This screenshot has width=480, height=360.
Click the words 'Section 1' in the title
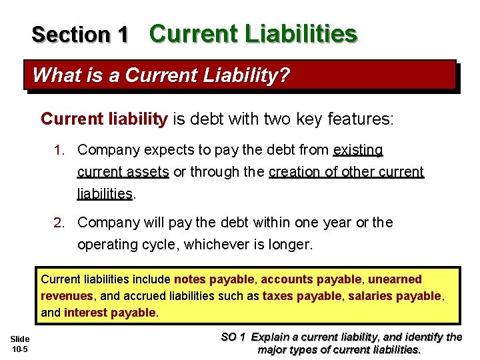tap(79, 34)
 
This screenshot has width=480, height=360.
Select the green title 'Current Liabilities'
tap(253, 33)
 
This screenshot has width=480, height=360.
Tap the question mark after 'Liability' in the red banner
tap(285, 75)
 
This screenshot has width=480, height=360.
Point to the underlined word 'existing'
tap(358, 149)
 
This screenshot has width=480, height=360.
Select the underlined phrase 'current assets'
tap(123, 171)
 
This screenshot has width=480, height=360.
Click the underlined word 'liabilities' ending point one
tap(105, 193)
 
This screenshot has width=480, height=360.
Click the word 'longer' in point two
tap(289, 244)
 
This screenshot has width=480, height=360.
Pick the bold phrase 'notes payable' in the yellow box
tap(214, 279)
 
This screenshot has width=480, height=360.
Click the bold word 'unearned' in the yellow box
tap(395, 279)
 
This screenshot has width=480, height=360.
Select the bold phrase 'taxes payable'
tap(301, 295)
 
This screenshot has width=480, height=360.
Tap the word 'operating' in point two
tap(106, 244)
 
